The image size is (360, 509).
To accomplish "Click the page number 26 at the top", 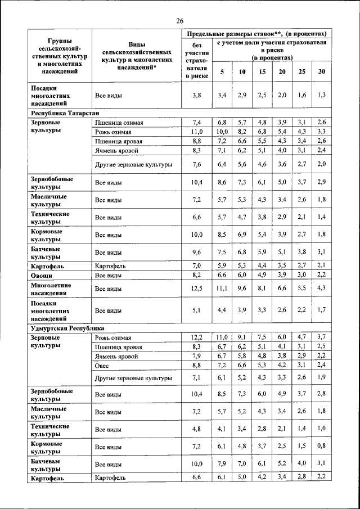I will coord(180,21).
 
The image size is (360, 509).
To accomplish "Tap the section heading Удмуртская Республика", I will coord(64,328).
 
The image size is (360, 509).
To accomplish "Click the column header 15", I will coord(262,72).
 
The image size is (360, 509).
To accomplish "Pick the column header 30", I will coord(321,72).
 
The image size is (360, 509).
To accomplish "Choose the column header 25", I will coord(302,72).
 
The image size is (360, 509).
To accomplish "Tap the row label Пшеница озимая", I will coord(119,123).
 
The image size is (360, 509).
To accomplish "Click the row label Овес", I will coord(102,366).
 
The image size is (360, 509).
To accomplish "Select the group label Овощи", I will coord(42,276).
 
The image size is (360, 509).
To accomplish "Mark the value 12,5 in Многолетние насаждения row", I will coord(196,289).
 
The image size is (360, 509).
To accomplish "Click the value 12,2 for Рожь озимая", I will coord(196,337).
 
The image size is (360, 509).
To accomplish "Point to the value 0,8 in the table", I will coord(321,447).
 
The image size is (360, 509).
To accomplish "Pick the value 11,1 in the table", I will coord(223,289).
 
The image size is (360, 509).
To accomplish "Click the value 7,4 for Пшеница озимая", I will coord(196,123).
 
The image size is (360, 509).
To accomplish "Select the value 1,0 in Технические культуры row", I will coord(321,430).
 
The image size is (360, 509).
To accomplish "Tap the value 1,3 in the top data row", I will coord(321,96).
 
